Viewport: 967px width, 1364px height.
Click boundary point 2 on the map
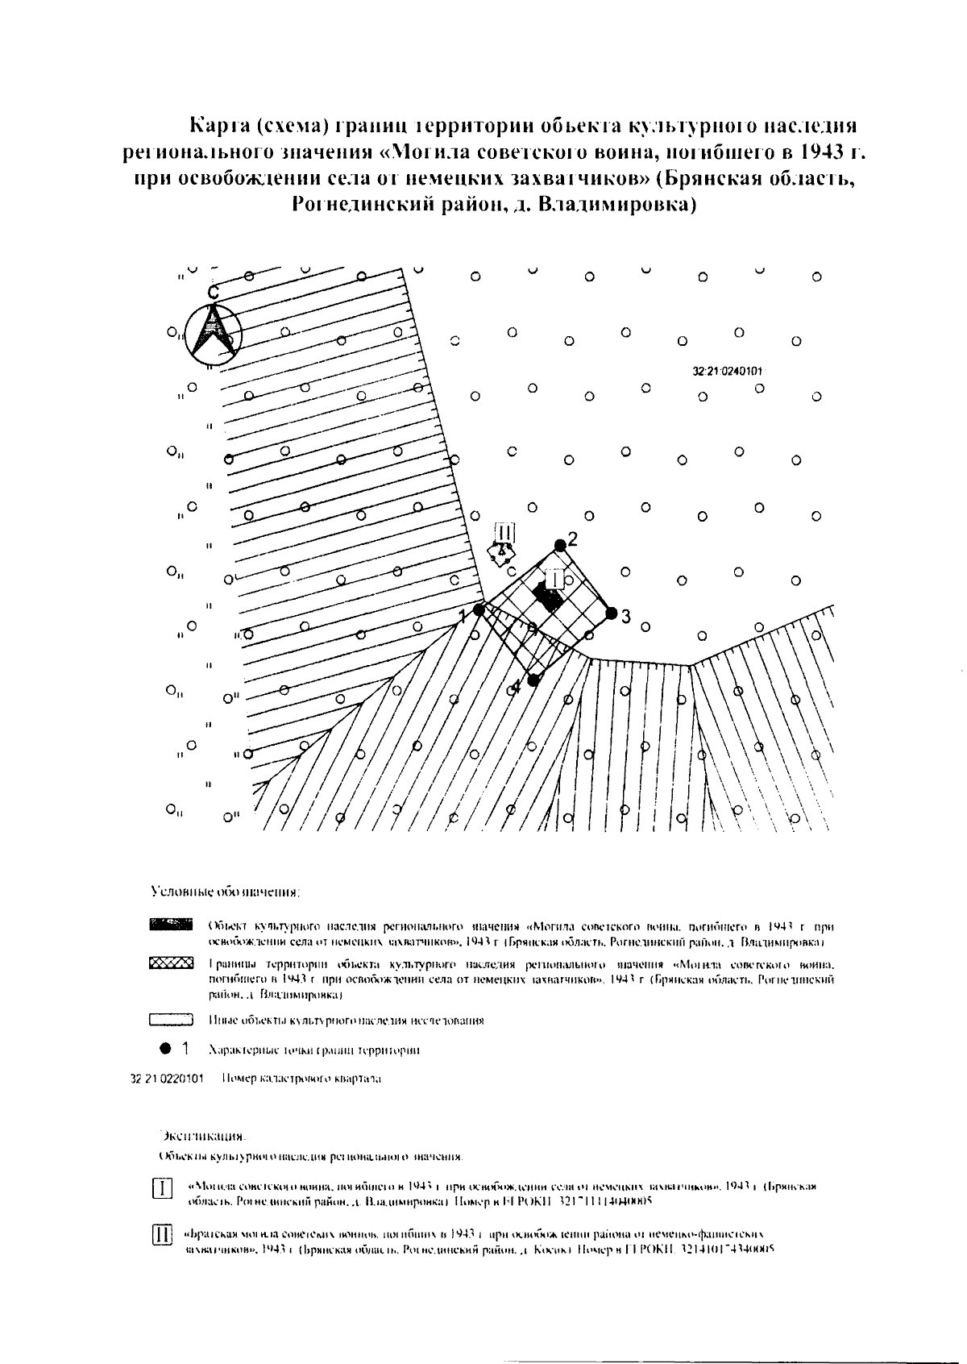(x=560, y=545)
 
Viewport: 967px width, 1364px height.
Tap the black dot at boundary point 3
(x=611, y=613)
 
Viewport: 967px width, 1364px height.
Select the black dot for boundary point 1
(x=479, y=610)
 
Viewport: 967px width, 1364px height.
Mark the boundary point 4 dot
(x=533, y=680)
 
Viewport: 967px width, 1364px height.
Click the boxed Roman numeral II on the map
(x=505, y=532)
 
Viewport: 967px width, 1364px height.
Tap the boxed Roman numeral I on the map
(x=555, y=579)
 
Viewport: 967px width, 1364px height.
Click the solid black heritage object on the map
(x=549, y=599)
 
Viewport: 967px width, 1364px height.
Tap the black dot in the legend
(x=165, y=1050)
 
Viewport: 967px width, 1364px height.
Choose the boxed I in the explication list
(x=163, y=1189)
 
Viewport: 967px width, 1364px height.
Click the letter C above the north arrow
(x=212, y=294)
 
